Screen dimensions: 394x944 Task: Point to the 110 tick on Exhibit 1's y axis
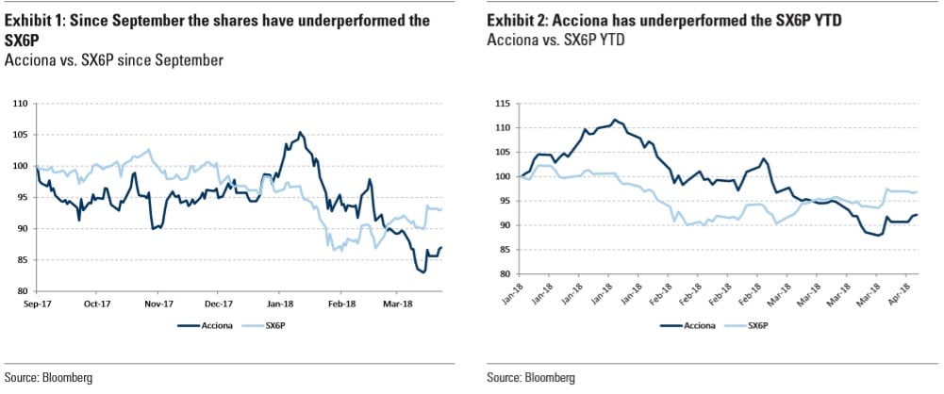click(20, 103)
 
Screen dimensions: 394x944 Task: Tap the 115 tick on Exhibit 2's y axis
click(503, 103)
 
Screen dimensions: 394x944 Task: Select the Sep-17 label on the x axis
click(36, 304)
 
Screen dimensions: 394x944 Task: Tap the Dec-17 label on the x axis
click(219, 304)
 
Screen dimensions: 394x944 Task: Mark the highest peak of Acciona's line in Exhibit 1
click(300, 133)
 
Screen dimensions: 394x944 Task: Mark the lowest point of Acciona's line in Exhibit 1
click(423, 272)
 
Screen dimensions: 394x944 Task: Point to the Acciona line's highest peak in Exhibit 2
click(615, 120)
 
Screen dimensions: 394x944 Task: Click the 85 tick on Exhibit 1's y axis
click(22, 259)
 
